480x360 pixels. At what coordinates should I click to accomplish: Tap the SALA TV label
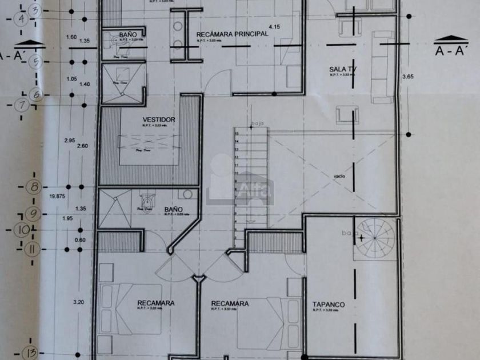point(342,70)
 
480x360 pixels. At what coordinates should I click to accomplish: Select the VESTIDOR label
point(158,119)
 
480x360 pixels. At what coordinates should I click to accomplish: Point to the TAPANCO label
point(326,304)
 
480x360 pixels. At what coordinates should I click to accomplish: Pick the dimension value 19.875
point(57,196)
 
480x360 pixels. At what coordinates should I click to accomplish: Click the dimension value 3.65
point(407,76)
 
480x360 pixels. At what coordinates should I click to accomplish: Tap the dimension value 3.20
point(79,302)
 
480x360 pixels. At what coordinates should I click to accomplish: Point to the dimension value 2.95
point(70,141)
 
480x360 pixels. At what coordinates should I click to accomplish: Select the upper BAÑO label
point(127,35)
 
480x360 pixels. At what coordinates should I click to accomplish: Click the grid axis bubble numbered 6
point(35,94)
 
